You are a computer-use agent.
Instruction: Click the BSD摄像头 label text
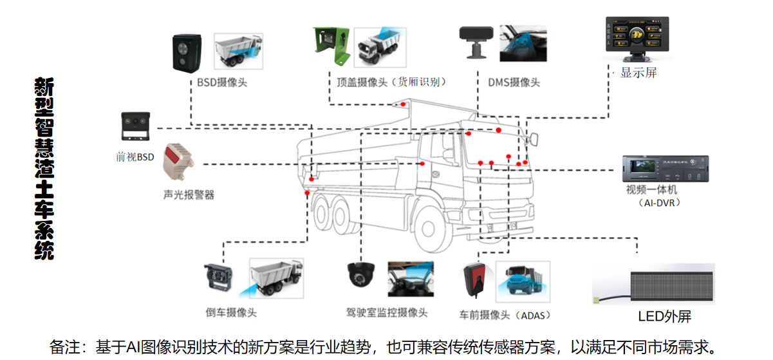click(223, 82)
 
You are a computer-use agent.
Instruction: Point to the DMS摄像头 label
click(514, 82)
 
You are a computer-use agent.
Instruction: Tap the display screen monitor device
click(637, 39)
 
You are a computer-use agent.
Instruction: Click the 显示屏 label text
click(638, 73)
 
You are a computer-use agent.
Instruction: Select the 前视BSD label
click(135, 156)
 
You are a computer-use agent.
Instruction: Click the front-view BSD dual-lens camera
click(135, 126)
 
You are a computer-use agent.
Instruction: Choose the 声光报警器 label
click(188, 194)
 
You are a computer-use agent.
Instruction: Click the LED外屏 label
click(664, 317)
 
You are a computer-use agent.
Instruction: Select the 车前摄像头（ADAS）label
click(505, 316)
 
